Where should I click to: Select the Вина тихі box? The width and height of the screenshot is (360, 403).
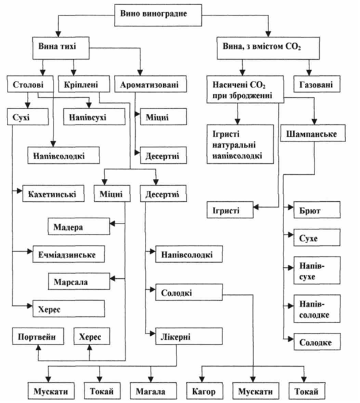59,48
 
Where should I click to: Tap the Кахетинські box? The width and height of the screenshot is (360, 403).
52,191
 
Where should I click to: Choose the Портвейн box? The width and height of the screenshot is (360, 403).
37,337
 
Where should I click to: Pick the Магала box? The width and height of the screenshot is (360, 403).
150,392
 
